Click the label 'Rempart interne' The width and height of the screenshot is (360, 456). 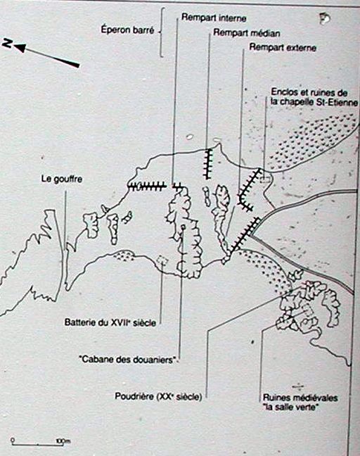click(214, 18)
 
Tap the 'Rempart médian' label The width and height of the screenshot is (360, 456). click(247, 32)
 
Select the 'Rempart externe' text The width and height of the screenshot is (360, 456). click(283, 47)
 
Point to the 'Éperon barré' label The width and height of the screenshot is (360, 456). click(127, 30)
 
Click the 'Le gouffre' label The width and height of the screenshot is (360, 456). click(62, 179)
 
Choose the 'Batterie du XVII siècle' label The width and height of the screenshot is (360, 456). click(110, 322)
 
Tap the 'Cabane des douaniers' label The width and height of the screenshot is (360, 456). click(129, 360)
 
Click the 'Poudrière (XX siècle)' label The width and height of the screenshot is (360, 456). click(158, 396)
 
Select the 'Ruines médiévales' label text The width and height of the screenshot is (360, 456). click(300, 398)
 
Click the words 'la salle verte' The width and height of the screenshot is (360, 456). click(290, 407)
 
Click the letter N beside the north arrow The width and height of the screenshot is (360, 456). click(7, 44)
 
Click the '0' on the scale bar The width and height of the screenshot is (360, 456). click(13, 440)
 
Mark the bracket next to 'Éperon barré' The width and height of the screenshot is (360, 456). click(161, 32)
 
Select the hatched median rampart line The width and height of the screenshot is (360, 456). click(208, 164)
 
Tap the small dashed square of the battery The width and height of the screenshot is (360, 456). click(162, 260)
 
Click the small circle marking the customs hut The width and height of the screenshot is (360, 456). click(183, 227)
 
